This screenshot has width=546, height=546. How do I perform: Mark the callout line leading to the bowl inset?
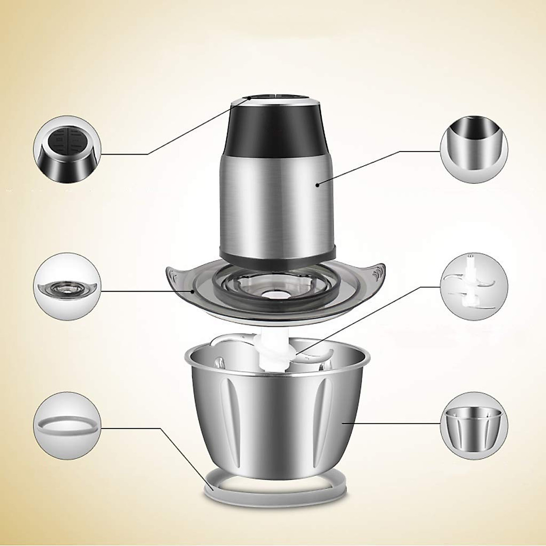391,423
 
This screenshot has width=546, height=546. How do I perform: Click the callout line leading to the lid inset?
146,290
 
